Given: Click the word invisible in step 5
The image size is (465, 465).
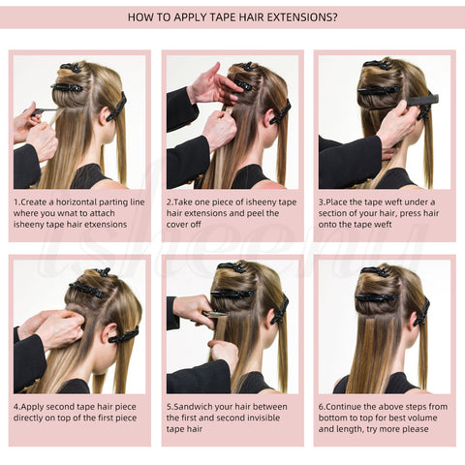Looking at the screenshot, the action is pos(263,418).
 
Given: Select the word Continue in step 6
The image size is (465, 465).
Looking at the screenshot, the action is pos(344,407).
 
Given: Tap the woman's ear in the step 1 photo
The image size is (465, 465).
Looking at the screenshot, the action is pos(103,115).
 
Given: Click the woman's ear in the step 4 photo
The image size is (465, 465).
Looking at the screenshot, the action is pos(108,331).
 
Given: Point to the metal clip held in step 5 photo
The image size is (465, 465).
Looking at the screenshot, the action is pos(215,314).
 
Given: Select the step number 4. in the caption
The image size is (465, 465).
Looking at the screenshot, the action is pos(16,407).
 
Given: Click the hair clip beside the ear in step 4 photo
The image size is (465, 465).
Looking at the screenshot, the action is pos(124,335).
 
